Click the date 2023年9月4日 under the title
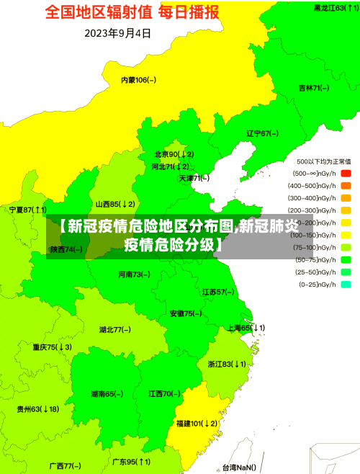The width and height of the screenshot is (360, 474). (118, 33)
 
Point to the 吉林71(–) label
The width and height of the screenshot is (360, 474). (313, 88)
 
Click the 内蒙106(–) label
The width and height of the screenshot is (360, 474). (138, 79)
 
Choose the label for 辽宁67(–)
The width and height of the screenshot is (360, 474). (262, 133)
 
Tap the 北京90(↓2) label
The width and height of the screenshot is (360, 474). (174, 154)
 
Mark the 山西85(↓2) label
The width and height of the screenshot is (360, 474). (115, 204)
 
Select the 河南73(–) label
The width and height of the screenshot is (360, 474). (134, 254)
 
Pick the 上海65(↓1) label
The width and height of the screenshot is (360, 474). (246, 308)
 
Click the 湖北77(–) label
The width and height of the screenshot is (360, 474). (114, 309)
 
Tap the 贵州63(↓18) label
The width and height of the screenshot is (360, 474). (38, 409)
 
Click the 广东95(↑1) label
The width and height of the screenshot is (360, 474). (131, 462)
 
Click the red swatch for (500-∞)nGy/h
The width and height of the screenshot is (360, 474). (346, 174)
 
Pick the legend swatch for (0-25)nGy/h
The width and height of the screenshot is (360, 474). (346, 264)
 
